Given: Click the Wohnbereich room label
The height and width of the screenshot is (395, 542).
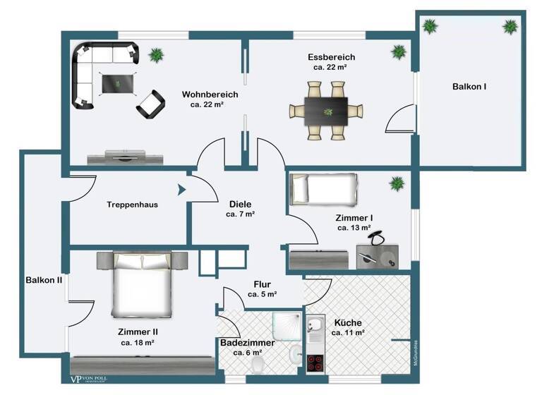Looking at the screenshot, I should click(210, 94).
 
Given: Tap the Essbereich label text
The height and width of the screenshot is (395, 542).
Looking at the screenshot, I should click(331, 56).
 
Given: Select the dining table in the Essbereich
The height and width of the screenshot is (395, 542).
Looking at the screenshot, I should click(326, 111).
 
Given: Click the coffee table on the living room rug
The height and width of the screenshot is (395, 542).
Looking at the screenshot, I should click(117, 83).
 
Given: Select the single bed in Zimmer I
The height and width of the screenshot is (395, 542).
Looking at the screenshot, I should click(324, 188).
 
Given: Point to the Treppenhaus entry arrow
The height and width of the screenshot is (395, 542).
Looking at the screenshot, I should click(181, 189).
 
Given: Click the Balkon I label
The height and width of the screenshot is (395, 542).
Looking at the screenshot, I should click(469, 86).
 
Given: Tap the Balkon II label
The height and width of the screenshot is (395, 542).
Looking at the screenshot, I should click(44, 280).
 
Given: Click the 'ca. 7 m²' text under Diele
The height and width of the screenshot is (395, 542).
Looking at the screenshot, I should click(240, 213).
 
